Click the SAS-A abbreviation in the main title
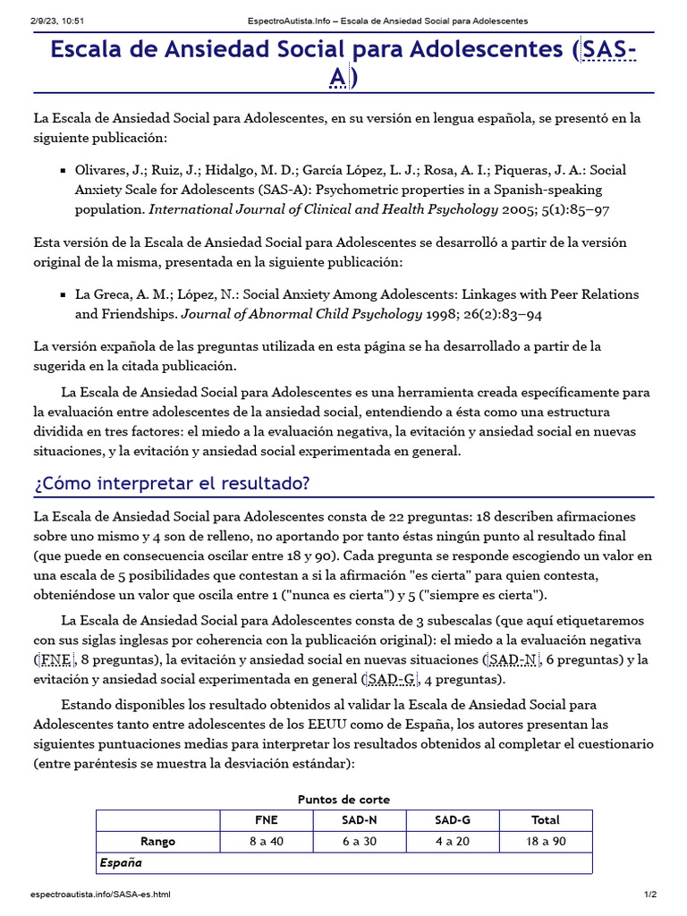(608, 50)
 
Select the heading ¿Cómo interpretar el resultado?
(172, 484)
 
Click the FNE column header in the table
(266, 819)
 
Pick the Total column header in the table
(545, 819)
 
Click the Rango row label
(158, 841)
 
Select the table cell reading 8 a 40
(266, 841)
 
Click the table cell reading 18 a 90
(545, 841)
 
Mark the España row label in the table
(121, 863)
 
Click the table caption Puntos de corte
(343, 799)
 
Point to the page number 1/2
(650, 895)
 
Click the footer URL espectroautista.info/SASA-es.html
(100, 895)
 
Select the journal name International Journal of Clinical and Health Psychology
(323, 210)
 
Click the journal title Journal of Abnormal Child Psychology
(301, 314)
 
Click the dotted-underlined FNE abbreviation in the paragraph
(55, 660)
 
